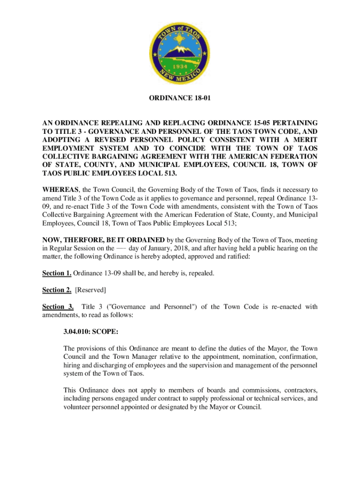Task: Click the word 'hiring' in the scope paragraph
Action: point(72,365)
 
